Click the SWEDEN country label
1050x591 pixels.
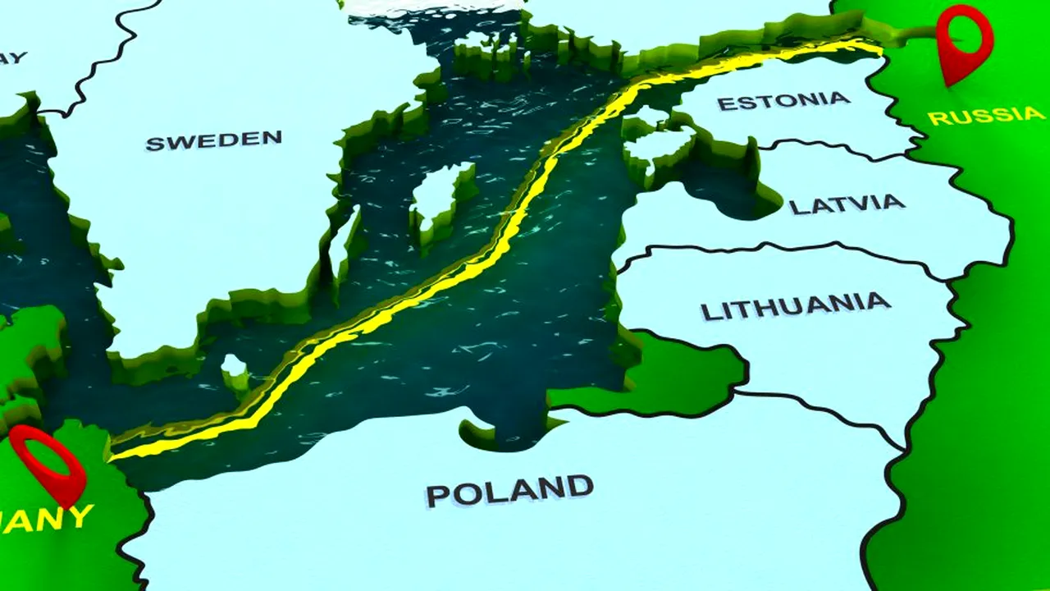(213, 140)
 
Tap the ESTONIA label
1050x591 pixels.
(783, 100)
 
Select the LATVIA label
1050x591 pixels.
(847, 204)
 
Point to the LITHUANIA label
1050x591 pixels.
(795, 306)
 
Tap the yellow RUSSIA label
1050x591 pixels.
(986, 115)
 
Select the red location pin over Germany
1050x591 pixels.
(49, 461)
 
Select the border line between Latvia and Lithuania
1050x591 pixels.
(787, 245)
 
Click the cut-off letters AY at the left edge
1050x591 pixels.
(13, 57)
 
